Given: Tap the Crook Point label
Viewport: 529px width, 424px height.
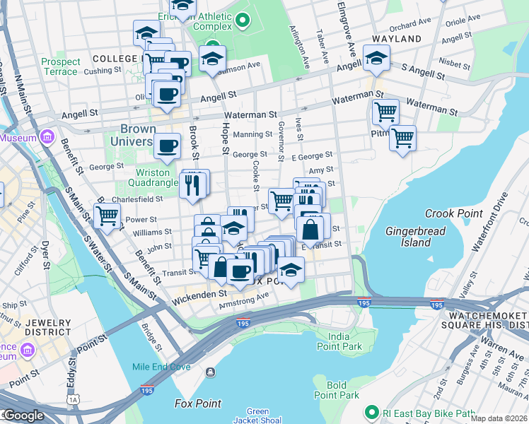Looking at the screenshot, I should click(x=453, y=213).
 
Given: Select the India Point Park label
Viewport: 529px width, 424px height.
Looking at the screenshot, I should click(x=340, y=341).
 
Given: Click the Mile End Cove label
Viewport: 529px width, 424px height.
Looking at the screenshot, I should click(x=161, y=367).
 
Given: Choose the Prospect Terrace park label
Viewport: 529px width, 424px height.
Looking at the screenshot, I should click(x=61, y=66).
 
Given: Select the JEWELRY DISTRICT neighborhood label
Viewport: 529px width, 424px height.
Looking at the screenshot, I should click(x=48, y=327).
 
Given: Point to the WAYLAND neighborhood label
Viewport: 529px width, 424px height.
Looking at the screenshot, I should click(x=397, y=39).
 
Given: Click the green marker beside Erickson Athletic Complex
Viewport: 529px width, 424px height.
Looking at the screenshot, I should click(x=243, y=20).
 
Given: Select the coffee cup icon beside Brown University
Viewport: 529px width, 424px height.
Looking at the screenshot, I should click(x=167, y=146).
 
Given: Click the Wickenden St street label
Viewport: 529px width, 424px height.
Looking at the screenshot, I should click(x=198, y=293).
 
